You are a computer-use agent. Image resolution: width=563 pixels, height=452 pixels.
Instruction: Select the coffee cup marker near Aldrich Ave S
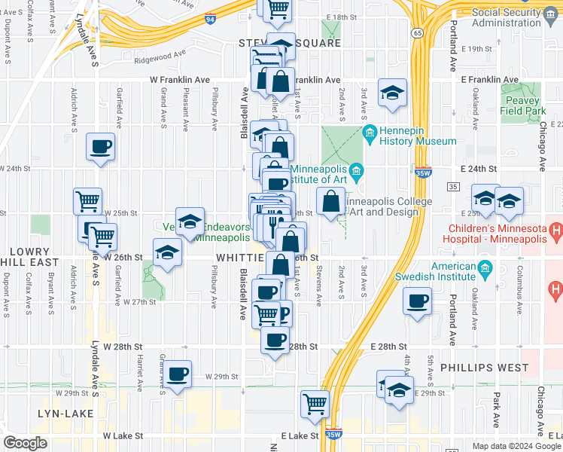coord(100,147)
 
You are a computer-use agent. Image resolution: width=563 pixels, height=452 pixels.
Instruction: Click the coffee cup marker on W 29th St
coord(178,374)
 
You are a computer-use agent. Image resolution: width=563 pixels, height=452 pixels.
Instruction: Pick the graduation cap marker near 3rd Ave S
coord(391,93)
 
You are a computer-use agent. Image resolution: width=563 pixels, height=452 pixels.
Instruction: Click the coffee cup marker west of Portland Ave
coord(416,303)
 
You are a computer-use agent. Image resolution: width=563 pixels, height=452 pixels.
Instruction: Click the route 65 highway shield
coord(416,32)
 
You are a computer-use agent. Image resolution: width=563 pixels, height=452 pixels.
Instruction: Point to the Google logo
coord(25,443)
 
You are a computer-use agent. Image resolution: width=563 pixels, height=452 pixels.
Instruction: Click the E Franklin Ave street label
coord(489,80)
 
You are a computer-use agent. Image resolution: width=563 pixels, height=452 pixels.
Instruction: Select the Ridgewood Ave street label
coord(160,55)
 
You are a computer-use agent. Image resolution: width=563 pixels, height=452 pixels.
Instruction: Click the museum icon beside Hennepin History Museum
coord(370,136)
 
